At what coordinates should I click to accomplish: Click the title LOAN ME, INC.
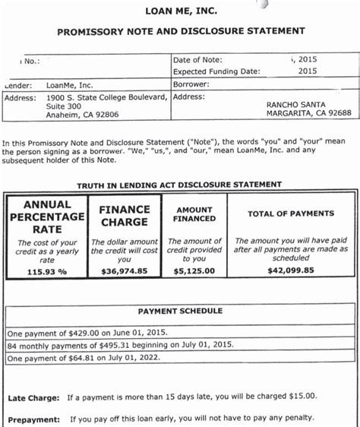[180, 11]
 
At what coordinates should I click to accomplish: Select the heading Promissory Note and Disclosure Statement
[181, 32]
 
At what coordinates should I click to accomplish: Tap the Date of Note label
[197, 59]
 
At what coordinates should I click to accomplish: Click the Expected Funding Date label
[216, 71]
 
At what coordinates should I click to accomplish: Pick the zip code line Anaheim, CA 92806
[82, 115]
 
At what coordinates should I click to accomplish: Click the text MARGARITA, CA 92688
[308, 114]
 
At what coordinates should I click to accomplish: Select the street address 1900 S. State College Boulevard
[106, 97]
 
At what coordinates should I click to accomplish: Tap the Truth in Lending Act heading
[179, 185]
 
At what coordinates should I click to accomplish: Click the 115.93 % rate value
[46, 270]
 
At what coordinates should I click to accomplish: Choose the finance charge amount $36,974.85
[124, 270]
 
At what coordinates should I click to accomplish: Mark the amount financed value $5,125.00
[194, 270]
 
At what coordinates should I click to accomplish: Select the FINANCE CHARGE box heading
[124, 217]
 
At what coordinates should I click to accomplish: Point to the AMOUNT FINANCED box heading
[194, 214]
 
